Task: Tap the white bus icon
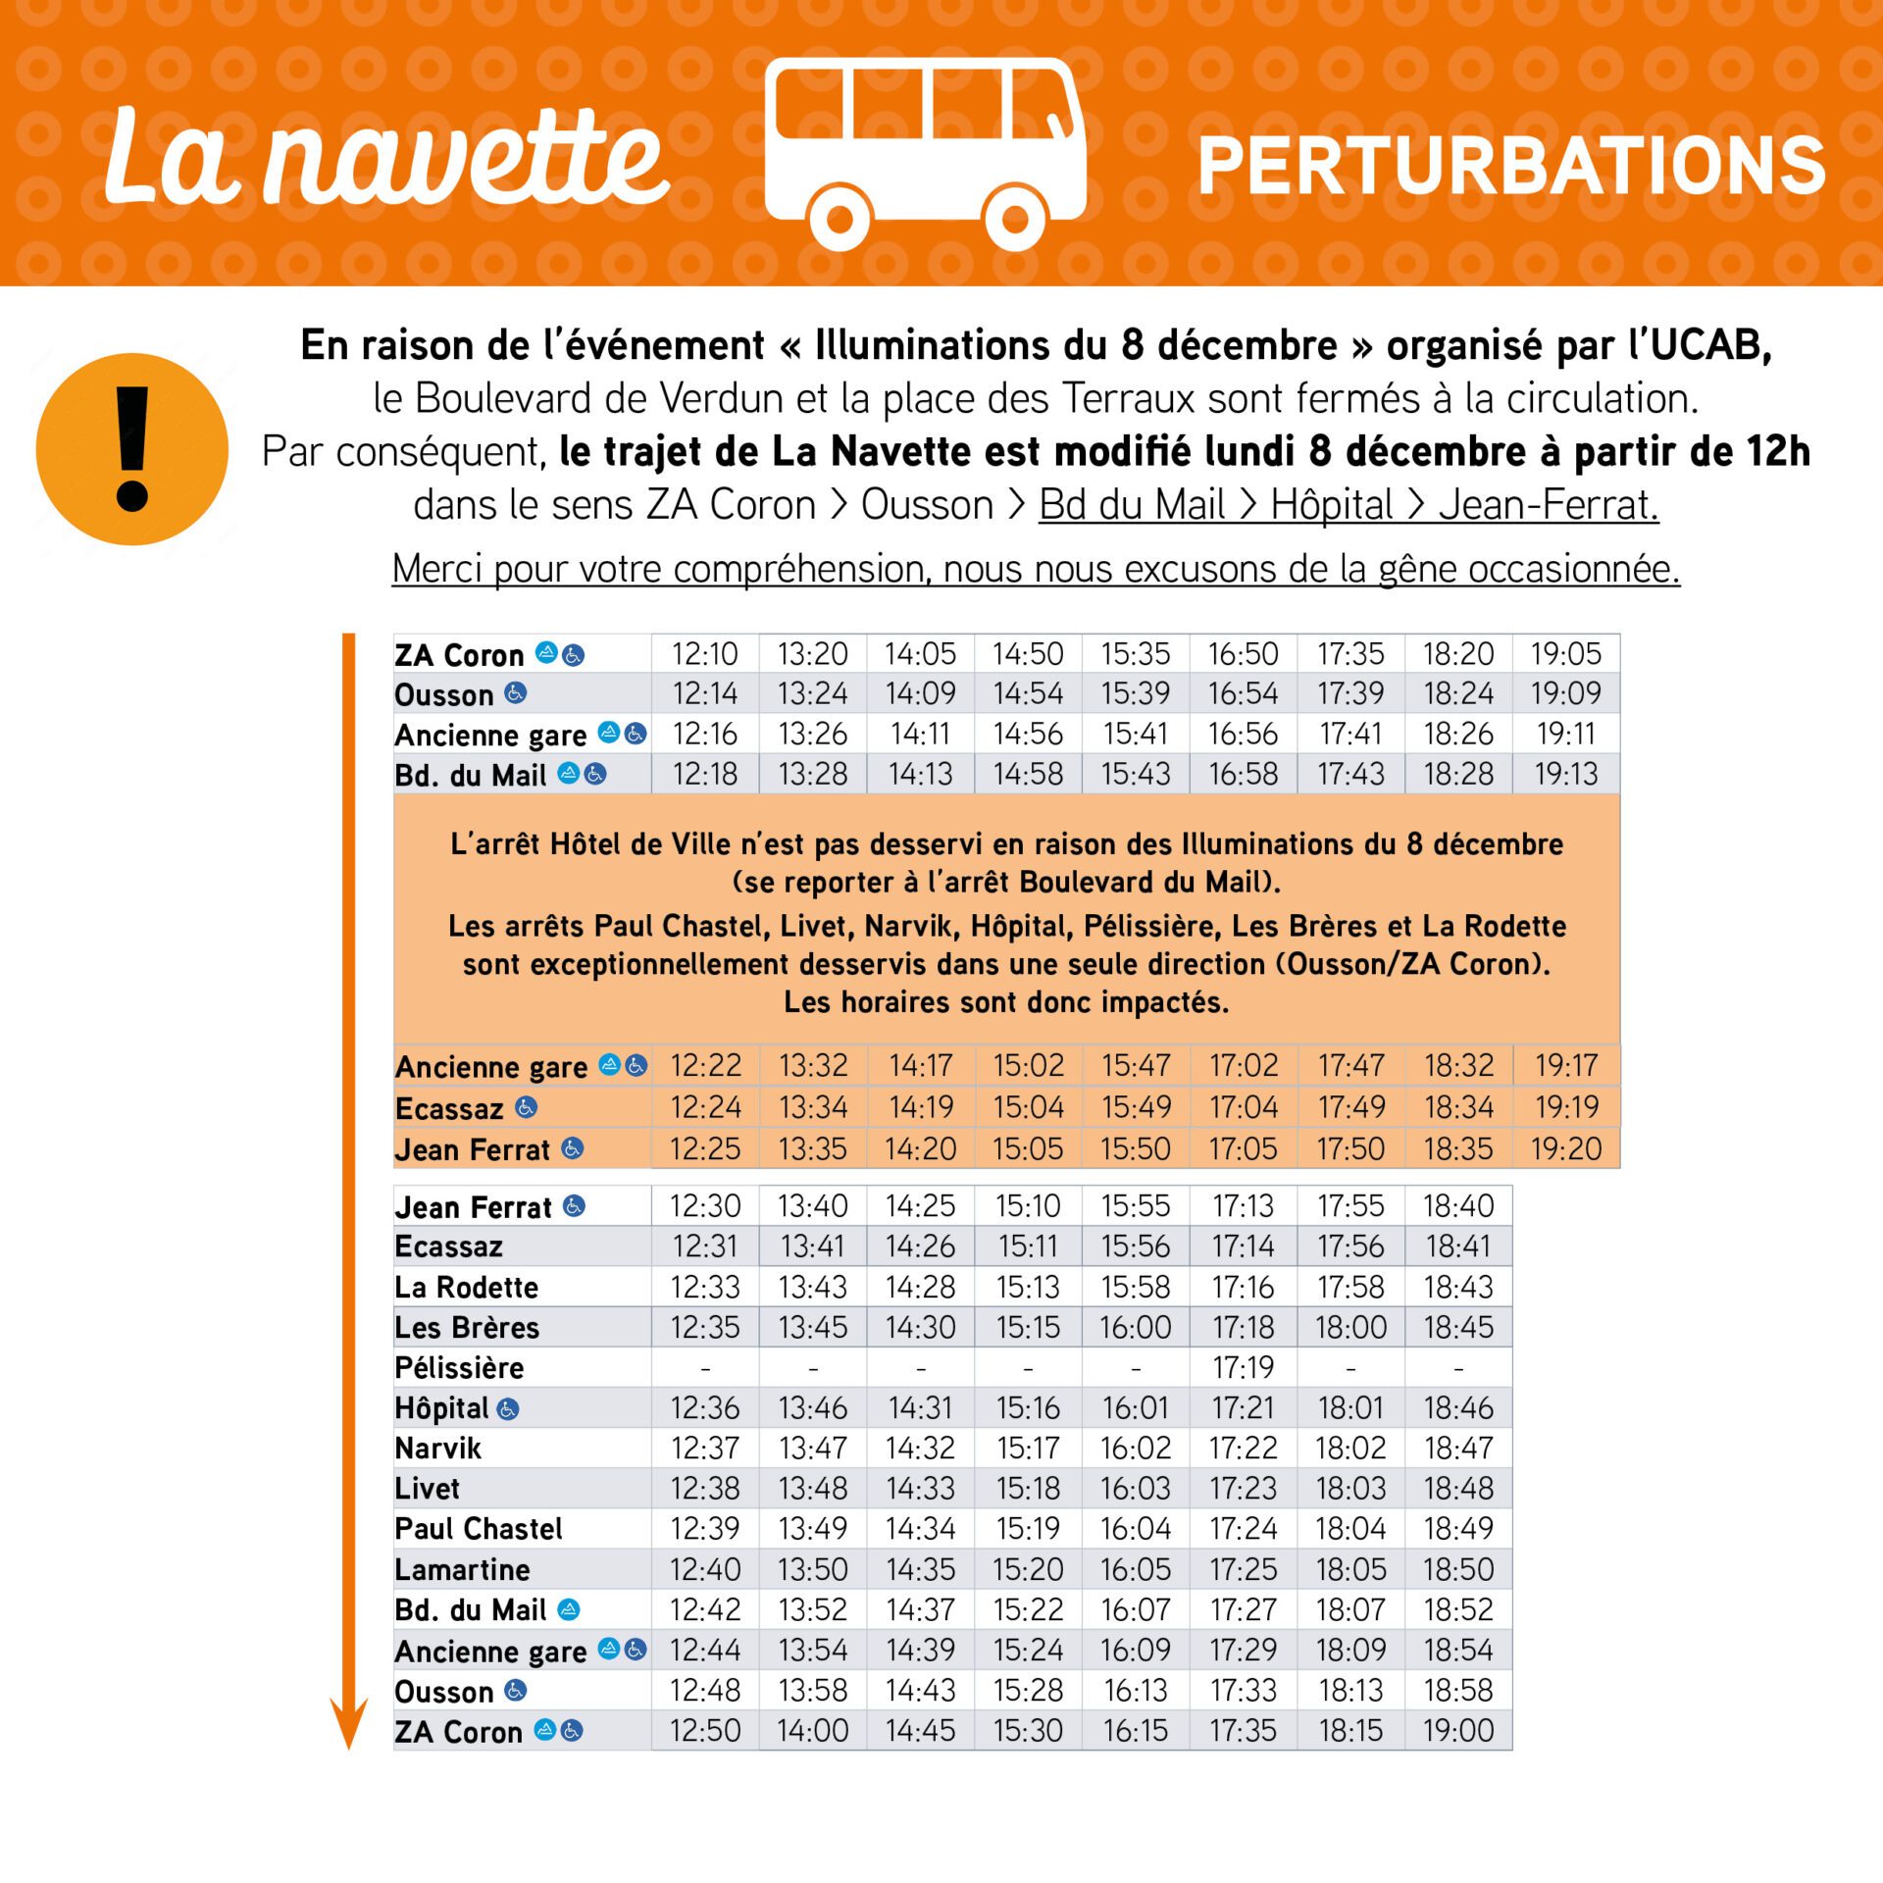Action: [x=924, y=152]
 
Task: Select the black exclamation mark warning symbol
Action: [x=131, y=449]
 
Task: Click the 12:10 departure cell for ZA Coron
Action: [x=704, y=654]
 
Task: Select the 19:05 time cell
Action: [x=1565, y=654]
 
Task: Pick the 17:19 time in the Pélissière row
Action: [x=1243, y=1367]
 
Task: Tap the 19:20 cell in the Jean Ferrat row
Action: [x=1565, y=1148]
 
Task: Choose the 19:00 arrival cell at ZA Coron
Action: [x=1457, y=1731]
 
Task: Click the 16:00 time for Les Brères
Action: [x=1135, y=1327]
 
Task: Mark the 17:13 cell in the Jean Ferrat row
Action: [x=1243, y=1206]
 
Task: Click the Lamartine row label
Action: [x=462, y=1569]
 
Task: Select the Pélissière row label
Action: [x=459, y=1367]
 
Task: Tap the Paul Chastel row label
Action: [x=479, y=1529]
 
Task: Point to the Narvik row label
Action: [x=438, y=1449]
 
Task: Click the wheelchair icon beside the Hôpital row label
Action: [x=507, y=1409]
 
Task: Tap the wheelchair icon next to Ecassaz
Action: [x=526, y=1107]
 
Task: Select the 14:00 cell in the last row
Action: [x=812, y=1731]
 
